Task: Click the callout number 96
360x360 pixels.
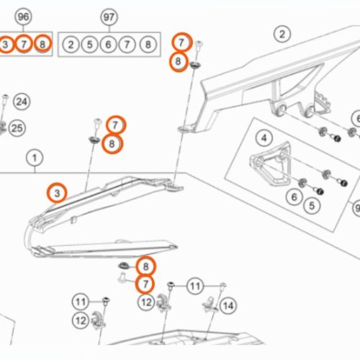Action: [23, 17]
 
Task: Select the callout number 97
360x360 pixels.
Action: [109, 17]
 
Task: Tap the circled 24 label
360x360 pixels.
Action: [22, 102]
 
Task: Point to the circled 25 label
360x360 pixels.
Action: [17, 128]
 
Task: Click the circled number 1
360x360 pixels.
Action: [35, 158]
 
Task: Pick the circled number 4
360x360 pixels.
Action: [264, 138]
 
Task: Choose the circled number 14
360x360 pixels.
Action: [228, 306]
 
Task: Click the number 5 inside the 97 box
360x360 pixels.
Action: [89, 45]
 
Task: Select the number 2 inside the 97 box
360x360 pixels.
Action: [71, 45]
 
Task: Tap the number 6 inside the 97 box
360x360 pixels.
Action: [108, 45]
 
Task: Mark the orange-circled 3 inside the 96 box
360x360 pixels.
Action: [5, 44]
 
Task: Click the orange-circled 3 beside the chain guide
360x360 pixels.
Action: [57, 193]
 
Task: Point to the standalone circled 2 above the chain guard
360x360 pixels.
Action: [282, 34]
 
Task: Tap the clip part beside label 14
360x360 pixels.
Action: [210, 305]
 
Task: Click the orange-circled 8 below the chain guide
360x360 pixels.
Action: [145, 266]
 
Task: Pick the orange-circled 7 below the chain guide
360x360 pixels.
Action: [145, 284]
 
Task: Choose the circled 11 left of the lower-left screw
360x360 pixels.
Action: [81, 302]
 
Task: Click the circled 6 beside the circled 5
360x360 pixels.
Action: [294, 197]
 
